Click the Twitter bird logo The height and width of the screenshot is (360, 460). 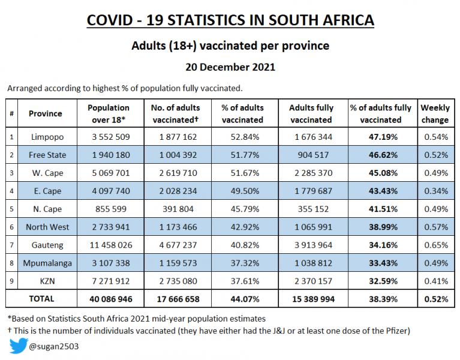coord(19,346)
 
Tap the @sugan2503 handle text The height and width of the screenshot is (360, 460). coord(54,347)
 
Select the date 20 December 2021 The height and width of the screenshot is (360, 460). coord(230,67)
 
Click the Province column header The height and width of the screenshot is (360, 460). coord(45,113)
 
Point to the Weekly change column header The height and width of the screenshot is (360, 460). coord(435,113)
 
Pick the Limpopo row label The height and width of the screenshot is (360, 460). coord(47,137)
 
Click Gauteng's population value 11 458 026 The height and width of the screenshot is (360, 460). coord(111,245)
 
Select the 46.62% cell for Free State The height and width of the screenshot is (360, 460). coord(383,155)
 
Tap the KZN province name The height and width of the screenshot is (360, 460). coord(47,281)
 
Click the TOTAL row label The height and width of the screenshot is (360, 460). coord(41,299)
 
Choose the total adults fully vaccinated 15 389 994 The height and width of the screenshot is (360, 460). coord(313,299)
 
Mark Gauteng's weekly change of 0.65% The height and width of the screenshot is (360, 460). coord(436,245)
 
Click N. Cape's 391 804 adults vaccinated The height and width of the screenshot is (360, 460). coord(178,209)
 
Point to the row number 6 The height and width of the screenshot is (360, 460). coord(12,227)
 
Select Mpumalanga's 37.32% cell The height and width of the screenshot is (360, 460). coord(245,263)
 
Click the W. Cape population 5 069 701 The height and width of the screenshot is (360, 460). coord(111,173)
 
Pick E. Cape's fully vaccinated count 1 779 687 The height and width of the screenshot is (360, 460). coord(313,191)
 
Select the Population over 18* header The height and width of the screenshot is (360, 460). coord(109,113)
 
